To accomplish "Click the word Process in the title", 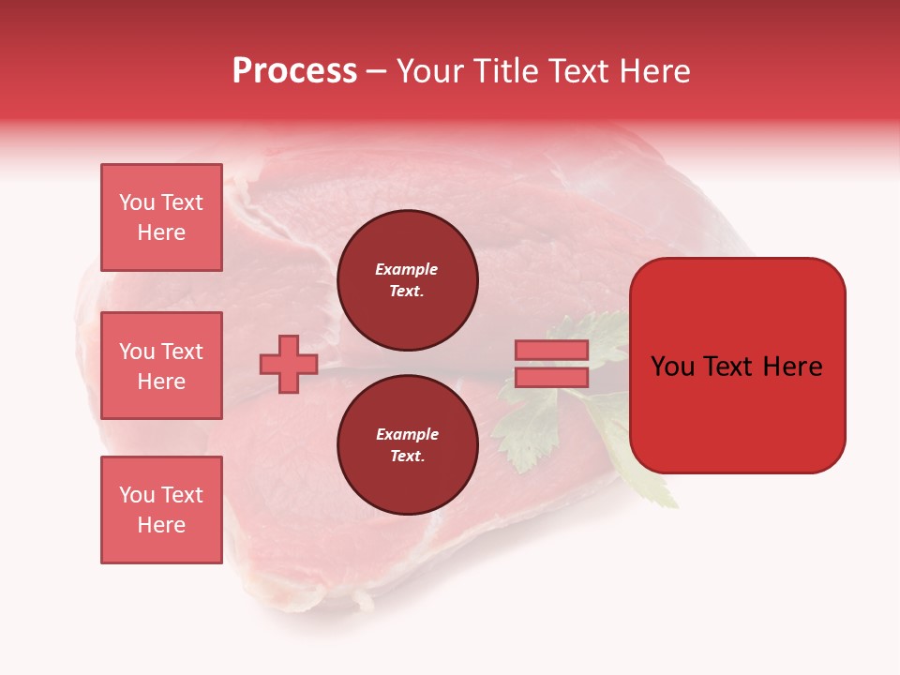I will coord(294,71).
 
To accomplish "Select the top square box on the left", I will coord(161,217).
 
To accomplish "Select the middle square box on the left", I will coord(161,366).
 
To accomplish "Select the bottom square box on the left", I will coord(161,510).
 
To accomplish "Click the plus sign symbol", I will coord(288,365).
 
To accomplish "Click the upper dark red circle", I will coord(408,280).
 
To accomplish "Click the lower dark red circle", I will coord(408,445).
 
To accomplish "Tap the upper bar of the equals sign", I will coord(551,350).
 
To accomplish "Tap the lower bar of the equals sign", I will coord(551,378).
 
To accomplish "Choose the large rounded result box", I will coord(737,365).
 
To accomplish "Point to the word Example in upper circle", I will coord(407,269).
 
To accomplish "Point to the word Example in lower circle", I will coord(407,434).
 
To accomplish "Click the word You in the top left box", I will coord(137,202).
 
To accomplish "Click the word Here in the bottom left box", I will coord(161,525).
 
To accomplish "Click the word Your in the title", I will coord(429,71).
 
